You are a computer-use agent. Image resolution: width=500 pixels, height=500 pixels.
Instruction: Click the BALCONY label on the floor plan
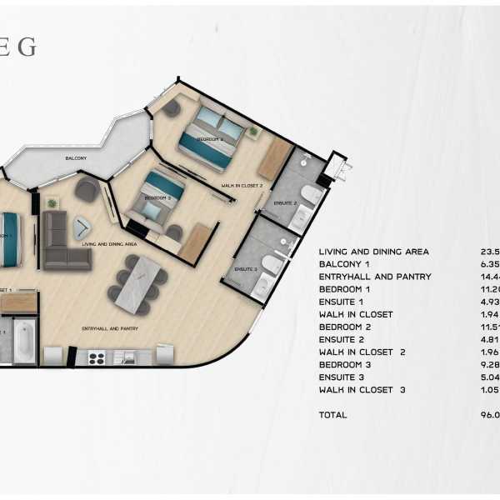(x=77, y=157)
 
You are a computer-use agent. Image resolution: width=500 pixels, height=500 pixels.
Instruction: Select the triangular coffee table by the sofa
(x=83, y=227)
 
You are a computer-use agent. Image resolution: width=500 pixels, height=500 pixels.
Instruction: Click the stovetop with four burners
(x=96, y=358)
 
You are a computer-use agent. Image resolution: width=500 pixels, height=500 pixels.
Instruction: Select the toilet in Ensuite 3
(x=272, y=264)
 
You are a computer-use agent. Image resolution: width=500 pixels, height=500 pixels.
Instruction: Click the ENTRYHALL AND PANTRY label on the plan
(x=109, y=328)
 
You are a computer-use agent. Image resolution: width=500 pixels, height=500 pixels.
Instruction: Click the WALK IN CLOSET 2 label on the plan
(x=242, y=186)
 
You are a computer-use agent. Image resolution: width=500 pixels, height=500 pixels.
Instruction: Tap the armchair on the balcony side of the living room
(x=87, y=189)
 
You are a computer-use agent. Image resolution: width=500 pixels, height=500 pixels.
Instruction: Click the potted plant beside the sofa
(x=52, y=202)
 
